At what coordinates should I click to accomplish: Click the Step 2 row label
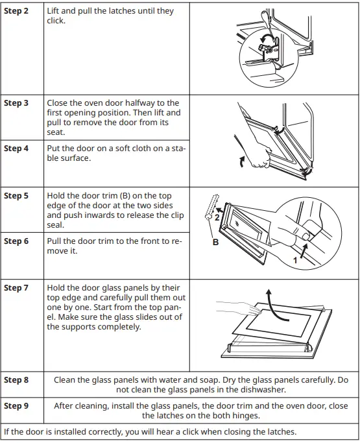(16, 11)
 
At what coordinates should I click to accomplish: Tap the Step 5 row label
(16, 196)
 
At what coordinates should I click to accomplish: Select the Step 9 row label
(16, 406)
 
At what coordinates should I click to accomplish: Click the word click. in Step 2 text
(56, 21)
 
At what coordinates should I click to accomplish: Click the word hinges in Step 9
(246, 416)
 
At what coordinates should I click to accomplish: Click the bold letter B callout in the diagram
(215, 242)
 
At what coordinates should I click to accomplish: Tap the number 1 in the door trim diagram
(295, 260)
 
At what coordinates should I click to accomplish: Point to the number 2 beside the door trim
(217, 217)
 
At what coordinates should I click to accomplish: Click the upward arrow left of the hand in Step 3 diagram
(242, 162)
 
